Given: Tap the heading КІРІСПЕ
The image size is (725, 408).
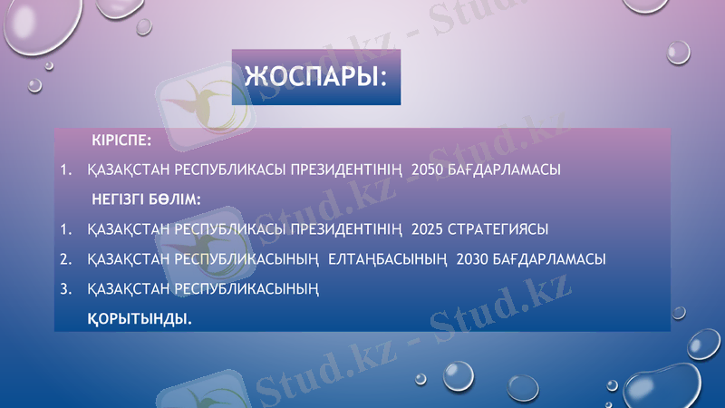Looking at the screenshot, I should pos(121,141).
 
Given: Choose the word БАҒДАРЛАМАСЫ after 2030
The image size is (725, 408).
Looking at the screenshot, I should pos(549,258).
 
